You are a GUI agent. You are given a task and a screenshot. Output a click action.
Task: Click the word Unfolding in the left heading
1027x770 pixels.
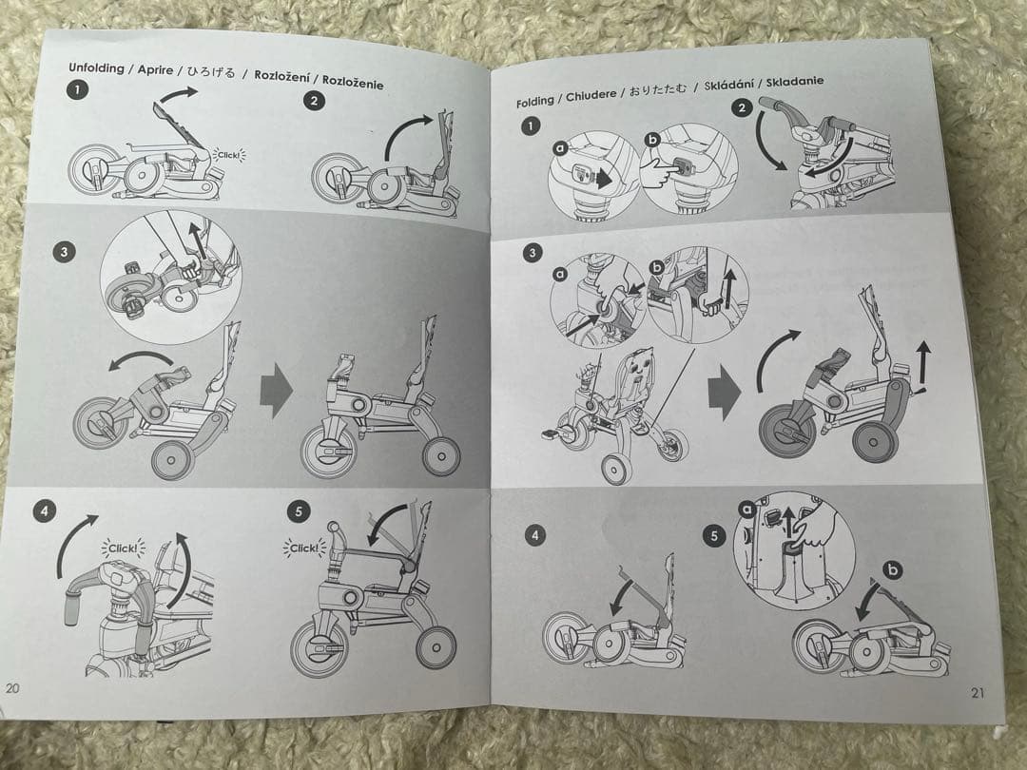click(99, 68)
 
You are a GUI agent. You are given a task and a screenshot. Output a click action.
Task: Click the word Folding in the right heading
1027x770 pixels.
click(534, 101)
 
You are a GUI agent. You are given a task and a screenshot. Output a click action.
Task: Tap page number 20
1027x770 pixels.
click(12, 687)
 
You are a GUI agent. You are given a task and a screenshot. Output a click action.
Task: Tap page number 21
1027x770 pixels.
click(977, 693)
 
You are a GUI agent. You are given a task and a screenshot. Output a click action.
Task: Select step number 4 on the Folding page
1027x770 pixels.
click(535, 536)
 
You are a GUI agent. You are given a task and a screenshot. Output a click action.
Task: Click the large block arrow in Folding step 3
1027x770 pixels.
click(726, 394)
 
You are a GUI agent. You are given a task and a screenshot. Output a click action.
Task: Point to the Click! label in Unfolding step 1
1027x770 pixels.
click(230, 153)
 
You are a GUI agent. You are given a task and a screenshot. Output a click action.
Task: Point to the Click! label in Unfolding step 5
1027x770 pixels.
click(304, 548)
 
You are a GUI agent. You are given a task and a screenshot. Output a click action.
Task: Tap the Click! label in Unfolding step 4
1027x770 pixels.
click(124, 549)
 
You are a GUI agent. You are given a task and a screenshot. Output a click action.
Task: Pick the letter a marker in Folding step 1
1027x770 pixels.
click(560, 148)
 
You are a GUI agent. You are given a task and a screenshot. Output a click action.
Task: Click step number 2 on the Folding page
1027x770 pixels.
click(742, 107)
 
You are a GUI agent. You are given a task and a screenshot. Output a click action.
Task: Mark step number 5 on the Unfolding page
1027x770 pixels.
click(299, 511)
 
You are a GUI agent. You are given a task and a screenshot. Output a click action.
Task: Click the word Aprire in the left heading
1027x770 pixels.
click(156, 70)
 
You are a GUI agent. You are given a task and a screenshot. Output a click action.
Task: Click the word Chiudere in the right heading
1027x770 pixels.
click(591, 94)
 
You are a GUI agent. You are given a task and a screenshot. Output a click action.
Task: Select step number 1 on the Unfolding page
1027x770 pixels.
click(77, 91)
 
